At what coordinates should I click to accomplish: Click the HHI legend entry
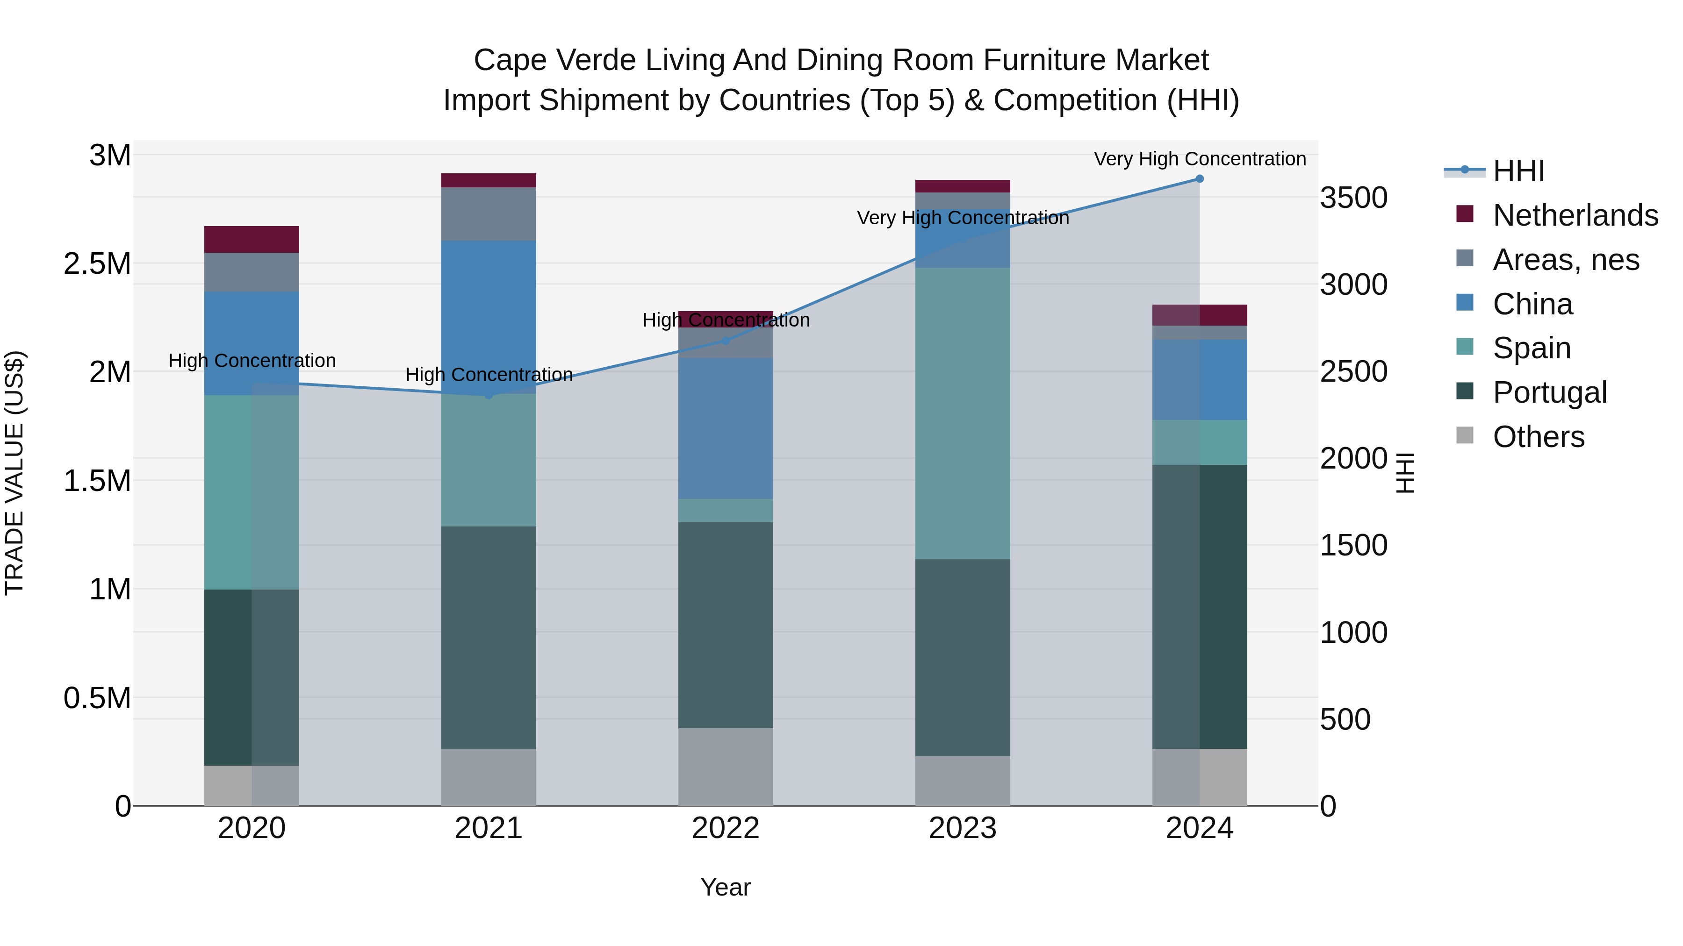point(1518,171)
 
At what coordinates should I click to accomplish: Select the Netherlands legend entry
point(1575,215)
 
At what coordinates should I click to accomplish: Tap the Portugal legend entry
point(1549,392)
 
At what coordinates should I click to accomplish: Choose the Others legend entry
point(1538,437)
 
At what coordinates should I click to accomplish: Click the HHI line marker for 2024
point(1200,179)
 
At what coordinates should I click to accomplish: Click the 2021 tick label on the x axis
point(489,828)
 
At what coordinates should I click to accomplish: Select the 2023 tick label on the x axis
point(963,828)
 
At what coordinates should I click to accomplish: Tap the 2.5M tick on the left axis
point(97,264)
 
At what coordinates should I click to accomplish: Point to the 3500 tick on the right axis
point(1354,198)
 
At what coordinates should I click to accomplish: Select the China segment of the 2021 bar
point(489,317)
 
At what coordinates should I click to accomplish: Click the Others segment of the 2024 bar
point(1200,777)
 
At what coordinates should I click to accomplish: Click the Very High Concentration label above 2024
point(1200,159)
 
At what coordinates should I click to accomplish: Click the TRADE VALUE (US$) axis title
point(14,473)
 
